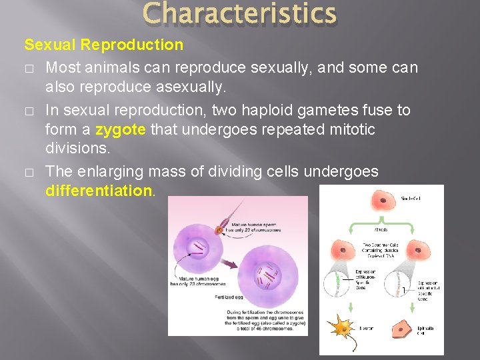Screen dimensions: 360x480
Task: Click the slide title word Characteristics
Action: tap(239, 14)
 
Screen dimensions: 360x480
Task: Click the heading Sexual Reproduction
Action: tap(103, 45)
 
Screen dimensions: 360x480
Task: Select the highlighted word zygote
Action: tap(121, 129)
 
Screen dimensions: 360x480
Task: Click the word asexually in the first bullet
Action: tap(193, 88)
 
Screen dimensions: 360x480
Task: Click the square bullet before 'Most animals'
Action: tap(29, 68)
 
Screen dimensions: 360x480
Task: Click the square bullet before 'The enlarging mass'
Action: tap(29, 172)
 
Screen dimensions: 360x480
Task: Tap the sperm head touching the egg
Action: tap(218, 231)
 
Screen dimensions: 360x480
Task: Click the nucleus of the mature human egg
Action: tap(199, 248)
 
